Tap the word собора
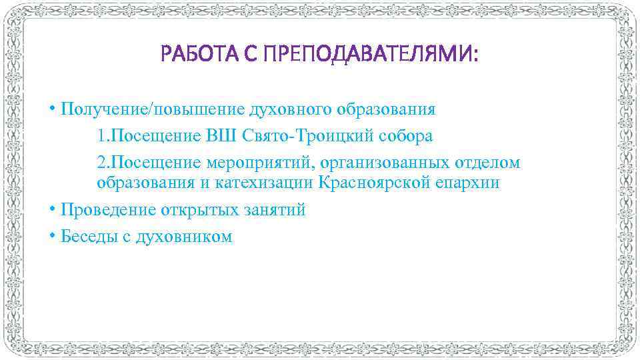point(405,136)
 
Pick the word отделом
point(488,163)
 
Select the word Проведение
point(107,210)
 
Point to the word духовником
point(184,237)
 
